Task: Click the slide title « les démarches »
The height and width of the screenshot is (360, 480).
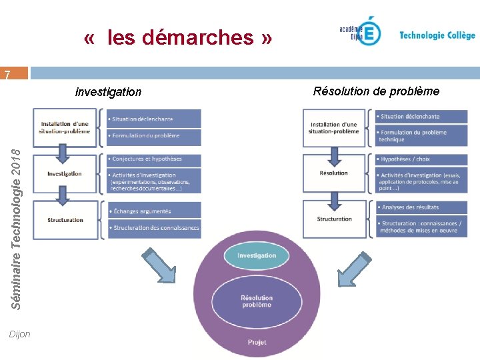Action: (x=178, y=37)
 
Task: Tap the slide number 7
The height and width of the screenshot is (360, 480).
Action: (x=7, y=75)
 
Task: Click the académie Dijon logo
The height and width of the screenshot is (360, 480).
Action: (x=361, y=32)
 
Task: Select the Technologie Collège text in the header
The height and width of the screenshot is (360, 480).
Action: (x=437, y=35)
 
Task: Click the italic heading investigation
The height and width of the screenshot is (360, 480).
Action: (x=108, y=92)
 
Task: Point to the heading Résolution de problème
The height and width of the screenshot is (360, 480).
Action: (x=376, y=91)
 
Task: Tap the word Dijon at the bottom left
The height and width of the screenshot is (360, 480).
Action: (x=20, y=334)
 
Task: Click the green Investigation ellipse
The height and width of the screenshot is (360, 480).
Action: (x=257, y=255)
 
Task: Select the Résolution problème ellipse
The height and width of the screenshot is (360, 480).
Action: (x=257, y=301)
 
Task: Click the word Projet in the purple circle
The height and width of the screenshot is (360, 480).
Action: (x=257, y=342)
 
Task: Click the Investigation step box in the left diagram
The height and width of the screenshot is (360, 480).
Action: (x=65, y=174)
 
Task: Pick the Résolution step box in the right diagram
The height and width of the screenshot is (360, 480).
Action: (x=334, y=173)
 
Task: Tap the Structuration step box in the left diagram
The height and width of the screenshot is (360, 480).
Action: (x=65, y=220)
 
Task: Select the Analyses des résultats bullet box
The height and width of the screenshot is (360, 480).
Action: (x=421, y=207)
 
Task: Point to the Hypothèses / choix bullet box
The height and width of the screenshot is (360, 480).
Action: (x=421, y=159)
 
